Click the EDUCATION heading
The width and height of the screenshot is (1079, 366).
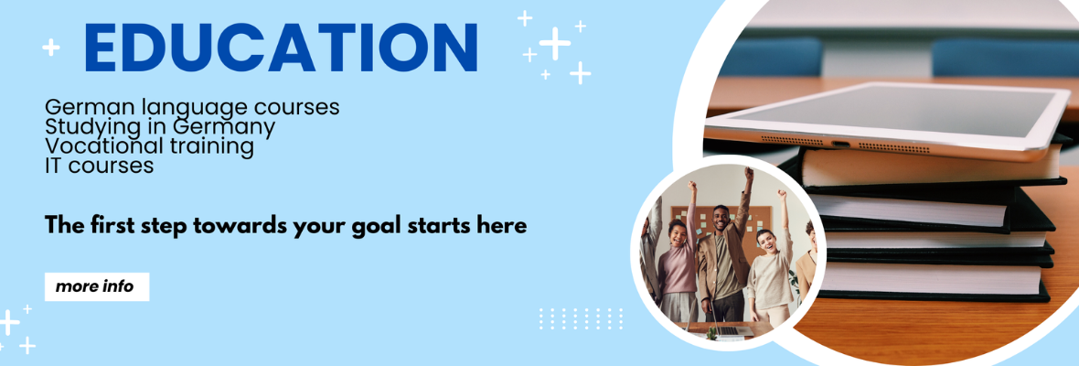[281, 48]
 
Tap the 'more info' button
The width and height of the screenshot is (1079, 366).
[97, 287]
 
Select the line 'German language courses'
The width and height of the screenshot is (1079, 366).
[192, 108]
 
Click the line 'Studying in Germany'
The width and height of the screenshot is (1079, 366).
[160, 127]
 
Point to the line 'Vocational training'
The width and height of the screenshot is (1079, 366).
[149, 146]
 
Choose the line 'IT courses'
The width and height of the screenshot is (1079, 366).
[99, 166]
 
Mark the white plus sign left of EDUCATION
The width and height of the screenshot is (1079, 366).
[51, 48]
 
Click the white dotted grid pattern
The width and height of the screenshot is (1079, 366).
[581, 318]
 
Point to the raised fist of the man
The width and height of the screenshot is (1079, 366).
[749, 172]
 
